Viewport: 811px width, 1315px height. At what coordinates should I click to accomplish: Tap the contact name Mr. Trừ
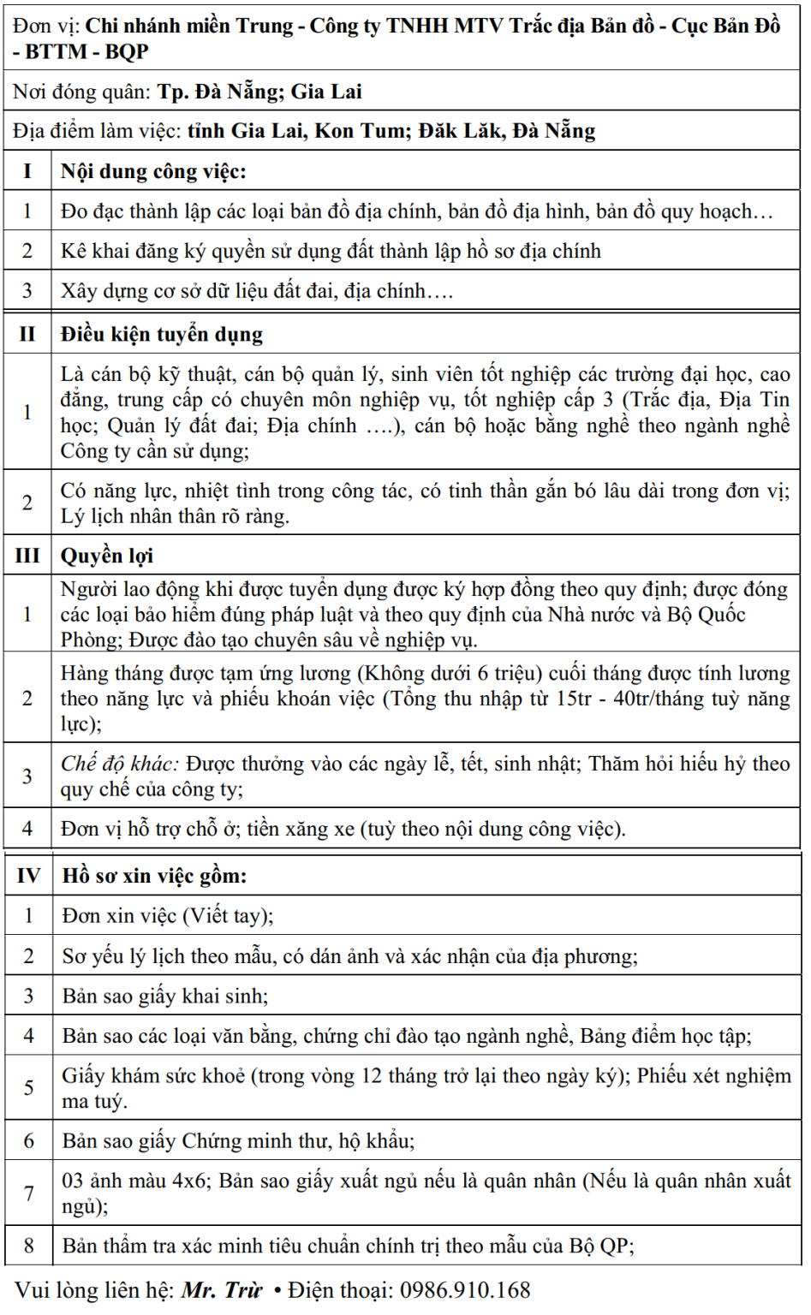pos(221,1289)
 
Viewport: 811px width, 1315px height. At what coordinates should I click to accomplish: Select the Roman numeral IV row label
pos(28,875)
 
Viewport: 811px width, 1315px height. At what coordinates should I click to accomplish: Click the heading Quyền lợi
pos(106,556)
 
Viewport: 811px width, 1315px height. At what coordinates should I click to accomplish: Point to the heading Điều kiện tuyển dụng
pos(161,334)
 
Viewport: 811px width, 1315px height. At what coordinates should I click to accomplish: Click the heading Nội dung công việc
pos(153,171)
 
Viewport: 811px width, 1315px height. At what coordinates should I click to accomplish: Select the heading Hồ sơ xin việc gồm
pos(154,875)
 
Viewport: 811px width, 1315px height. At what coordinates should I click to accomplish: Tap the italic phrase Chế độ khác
pos(119,763)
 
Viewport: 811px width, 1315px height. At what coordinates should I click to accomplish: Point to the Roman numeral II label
pos(27,334)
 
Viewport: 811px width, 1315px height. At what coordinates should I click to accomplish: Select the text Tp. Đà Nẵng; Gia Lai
pos(259,92)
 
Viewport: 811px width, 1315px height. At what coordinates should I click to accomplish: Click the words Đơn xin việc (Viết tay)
pos(166,915)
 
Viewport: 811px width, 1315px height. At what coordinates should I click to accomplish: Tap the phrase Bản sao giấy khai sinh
pos(164,996)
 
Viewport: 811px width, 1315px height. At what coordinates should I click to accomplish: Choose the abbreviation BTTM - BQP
pos(86,51)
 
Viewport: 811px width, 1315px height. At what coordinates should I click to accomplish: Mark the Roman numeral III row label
pos(27,556)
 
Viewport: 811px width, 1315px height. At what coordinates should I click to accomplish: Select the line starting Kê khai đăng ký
pos(331,251)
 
